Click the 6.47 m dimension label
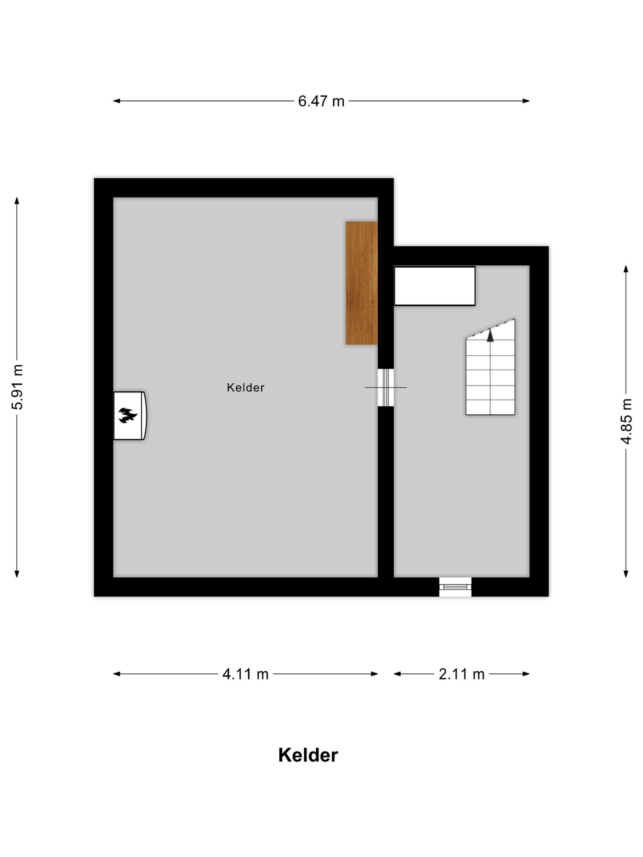coord(321,101)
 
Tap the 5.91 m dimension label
coord(18,387)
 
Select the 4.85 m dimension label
coord(626,421)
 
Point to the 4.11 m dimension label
coord(245,674)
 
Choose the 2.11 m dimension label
coord(461,674)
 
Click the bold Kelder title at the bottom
coord(308,755)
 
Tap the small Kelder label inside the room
coord(246,388)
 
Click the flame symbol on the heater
coord(128,416)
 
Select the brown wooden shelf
coord(362,283)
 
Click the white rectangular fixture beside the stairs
coord(435,286)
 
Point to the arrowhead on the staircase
coord(490,336)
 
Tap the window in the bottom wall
coord(455,587)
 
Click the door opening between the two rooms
coord(386,387)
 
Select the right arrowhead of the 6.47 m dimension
coord(526,101)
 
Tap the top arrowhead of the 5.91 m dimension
coord(17,201)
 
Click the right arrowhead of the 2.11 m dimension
coord(526,674)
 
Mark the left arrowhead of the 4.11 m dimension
coord(117,674)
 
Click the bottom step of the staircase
coord(490,407)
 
